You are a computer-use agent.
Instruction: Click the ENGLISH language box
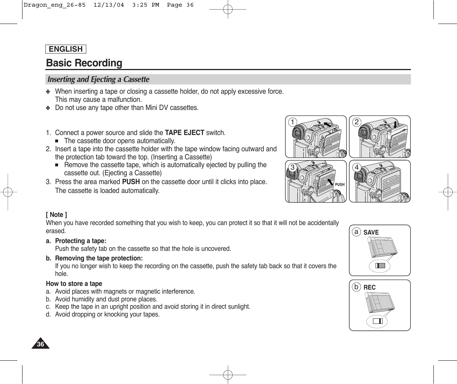pyautogui.click(x=66, y=49)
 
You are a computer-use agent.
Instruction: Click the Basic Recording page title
pyautogui.click(x=84, y=63)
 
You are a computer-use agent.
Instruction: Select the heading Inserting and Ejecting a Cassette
pyautogui.click(x=98, y=80)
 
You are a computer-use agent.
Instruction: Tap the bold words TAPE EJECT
pyautogui.click(x=185, y=133)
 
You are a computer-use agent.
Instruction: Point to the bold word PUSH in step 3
pyautogui.click(x=131, y=182)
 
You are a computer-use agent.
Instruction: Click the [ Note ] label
pyautogui.click(x=56, y=215)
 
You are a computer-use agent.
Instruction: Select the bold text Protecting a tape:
pyautogui.click(x=81, y=241)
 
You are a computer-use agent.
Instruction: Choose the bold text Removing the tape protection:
pyautogui.click(x=99, y=258)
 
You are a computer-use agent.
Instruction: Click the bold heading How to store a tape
pyautogui.click(x=74, y=284)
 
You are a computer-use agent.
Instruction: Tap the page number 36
pyautogui.click(x=40, y=345)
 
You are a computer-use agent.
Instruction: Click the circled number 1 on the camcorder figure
pyautogui.click(x=293, y=122)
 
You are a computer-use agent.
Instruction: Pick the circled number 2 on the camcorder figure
pyautogui.click(x=357, y=122)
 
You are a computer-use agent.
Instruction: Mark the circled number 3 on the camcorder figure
pyautogui.click(x=293, y=167)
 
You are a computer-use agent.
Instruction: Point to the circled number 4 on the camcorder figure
pyautogui.click(x=357, y=167)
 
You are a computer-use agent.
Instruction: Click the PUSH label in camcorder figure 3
pyautogui.click(x=340, y=184)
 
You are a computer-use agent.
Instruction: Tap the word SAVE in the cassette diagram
pyautogui.click(x=371, y=232)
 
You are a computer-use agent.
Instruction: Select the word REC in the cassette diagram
pyautogui.click(x=370, y=287)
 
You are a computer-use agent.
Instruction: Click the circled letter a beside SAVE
pyautogui.click(x=356, y=232)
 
